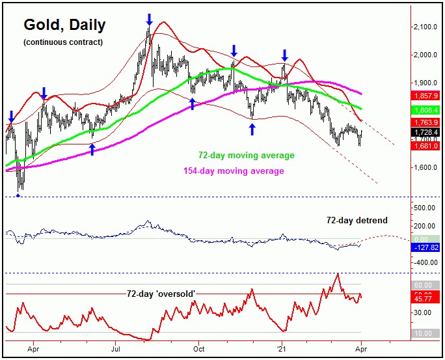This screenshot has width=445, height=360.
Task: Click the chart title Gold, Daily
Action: point(64,25)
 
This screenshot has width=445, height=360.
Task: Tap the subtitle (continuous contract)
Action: point(62,42)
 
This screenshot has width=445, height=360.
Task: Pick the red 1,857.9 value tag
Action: point(426,95)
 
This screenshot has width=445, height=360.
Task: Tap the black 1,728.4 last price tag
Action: point(426,132)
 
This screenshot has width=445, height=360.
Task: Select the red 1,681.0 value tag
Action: point(426,146)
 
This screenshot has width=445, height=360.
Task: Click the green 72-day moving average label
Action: point(246,156)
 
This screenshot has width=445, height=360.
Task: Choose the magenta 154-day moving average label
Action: point(230,171)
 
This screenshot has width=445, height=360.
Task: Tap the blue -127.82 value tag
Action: point(426,247)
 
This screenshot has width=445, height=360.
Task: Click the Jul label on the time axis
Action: point(115,348)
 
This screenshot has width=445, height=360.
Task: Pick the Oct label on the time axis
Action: point(199,348)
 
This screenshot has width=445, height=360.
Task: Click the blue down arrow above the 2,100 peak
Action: point(150,19)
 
